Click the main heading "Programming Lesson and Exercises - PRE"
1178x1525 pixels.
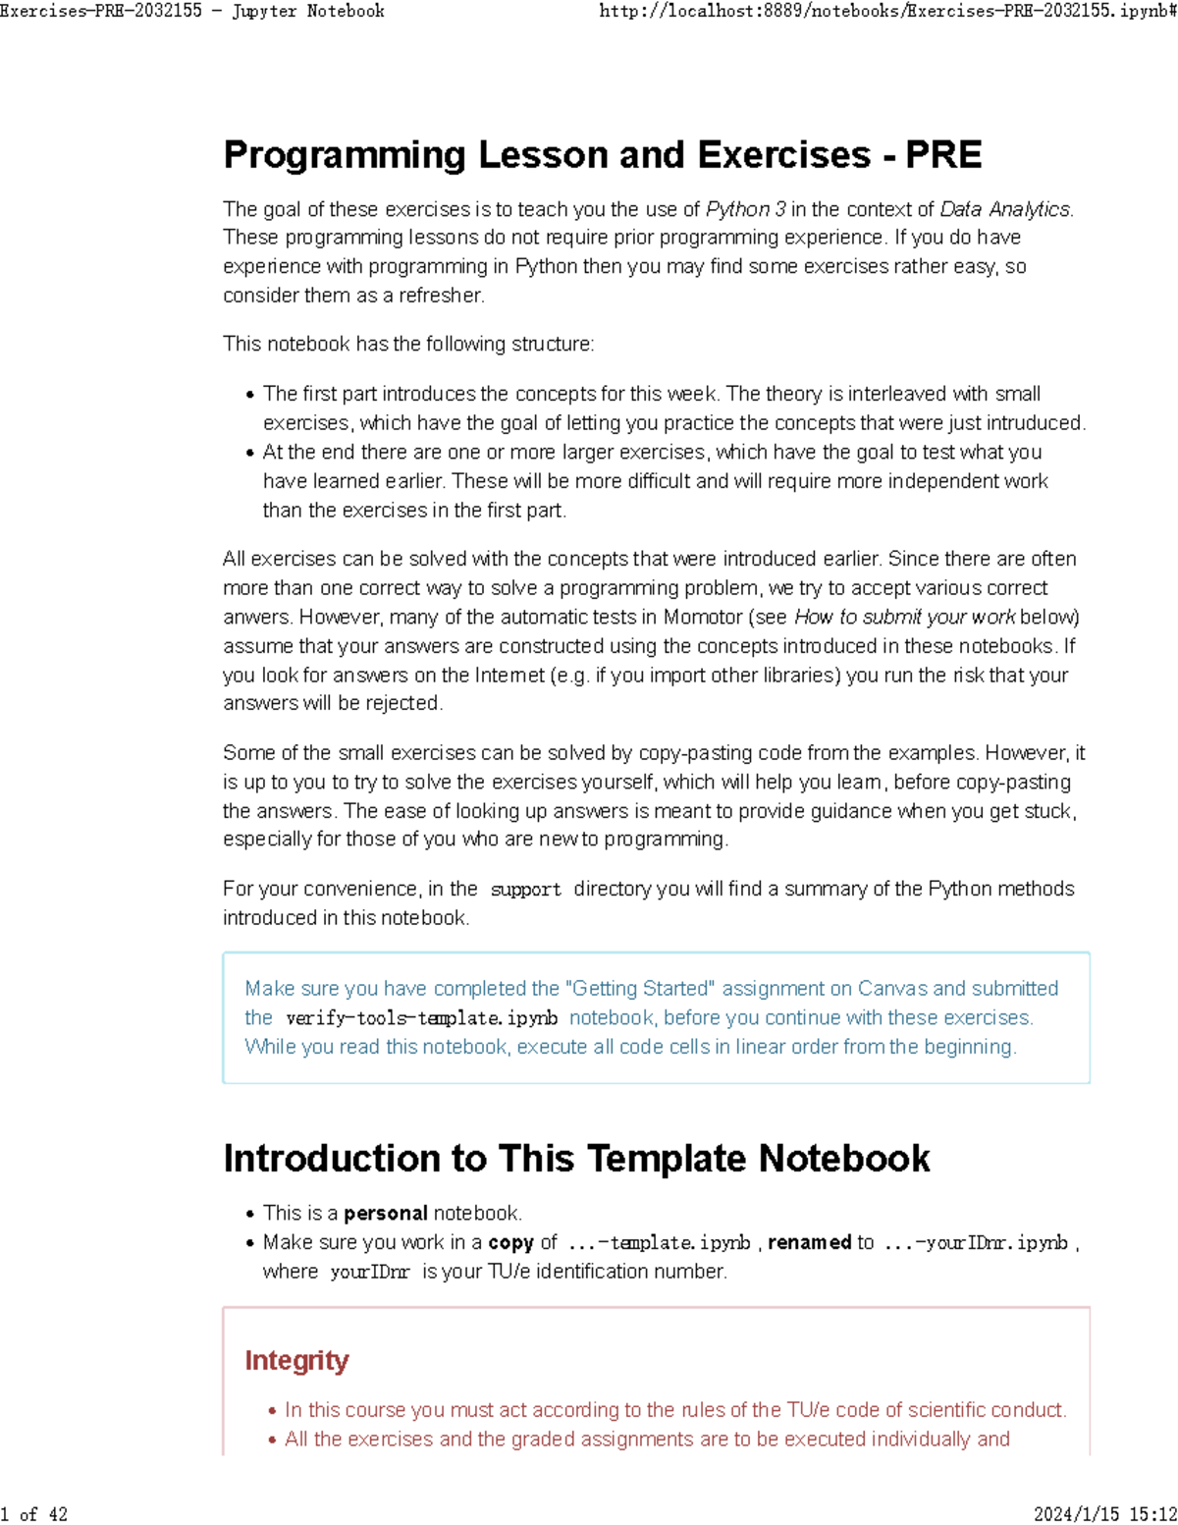click(x=602, y=155)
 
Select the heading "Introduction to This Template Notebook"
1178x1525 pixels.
click(x=576, y=1159)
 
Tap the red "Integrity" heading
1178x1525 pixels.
click(x=296, y=1360)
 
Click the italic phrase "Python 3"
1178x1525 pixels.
click(x=745, y=209)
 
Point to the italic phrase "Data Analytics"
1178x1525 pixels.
click(x=1004, y=209)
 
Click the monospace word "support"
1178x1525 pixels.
click(x=525, y=890)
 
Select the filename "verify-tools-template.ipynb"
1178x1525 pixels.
click(x=421, y=1018)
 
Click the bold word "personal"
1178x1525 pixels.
click(x=385, y=1214)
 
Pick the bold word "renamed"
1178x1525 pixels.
click(x=809, y=1242)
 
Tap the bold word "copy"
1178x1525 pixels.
click(x=510, y=1242)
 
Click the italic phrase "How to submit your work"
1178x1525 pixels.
click(x=904, y=617)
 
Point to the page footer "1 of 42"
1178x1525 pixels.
click(x=34, y=1514)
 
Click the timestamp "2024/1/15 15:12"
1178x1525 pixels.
click(x=1104, y=1514)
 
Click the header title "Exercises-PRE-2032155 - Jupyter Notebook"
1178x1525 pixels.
click(x=192, y=11)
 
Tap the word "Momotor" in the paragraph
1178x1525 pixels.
click(x=703, y=617)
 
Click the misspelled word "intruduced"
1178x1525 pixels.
click(x=1037, y=423)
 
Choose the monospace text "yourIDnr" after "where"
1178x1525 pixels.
click(x=369, y=1272)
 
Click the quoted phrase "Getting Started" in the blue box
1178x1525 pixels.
click(x=640, y=989)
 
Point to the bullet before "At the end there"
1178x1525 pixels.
click(x=250, y=453)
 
